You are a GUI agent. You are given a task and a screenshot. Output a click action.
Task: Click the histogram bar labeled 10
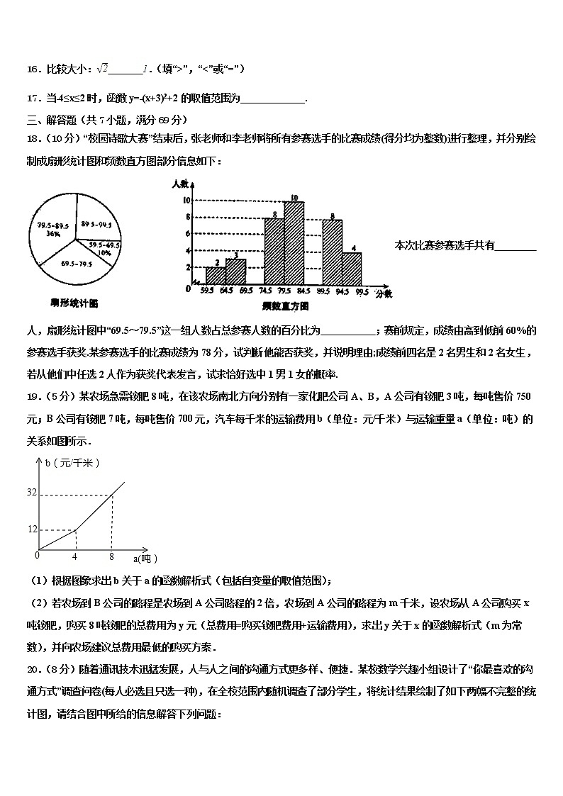294,243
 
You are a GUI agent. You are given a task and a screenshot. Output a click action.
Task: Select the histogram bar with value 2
216,276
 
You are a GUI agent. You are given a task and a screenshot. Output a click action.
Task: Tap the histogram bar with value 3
235,271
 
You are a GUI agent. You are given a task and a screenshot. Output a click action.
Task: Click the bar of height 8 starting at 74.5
274,251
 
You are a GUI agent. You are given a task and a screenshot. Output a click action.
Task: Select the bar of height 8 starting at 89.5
332,252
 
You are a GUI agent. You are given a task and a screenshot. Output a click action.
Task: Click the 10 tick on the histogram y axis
187,201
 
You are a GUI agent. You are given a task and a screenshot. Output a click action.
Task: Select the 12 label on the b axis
31,529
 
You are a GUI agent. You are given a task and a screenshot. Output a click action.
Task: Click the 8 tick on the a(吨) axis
111,557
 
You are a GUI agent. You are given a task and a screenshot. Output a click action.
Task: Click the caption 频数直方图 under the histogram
285,306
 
